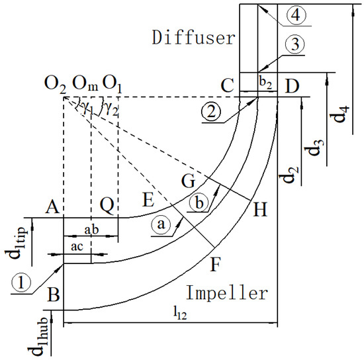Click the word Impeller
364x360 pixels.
(x=227, y=292)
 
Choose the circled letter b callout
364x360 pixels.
(x=197, y=201)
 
